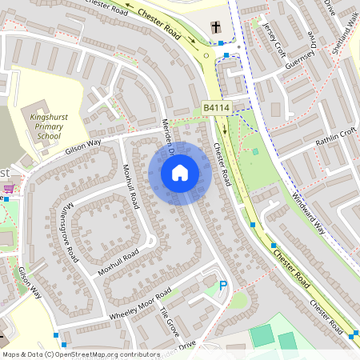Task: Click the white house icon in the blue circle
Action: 179,172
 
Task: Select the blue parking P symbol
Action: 223,285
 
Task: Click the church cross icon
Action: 216,28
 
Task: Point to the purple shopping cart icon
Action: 9,189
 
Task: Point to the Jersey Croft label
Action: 273,37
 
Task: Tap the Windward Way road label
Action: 309,212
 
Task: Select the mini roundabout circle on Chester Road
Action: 207,55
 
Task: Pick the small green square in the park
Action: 255,151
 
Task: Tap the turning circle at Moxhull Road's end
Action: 149,240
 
